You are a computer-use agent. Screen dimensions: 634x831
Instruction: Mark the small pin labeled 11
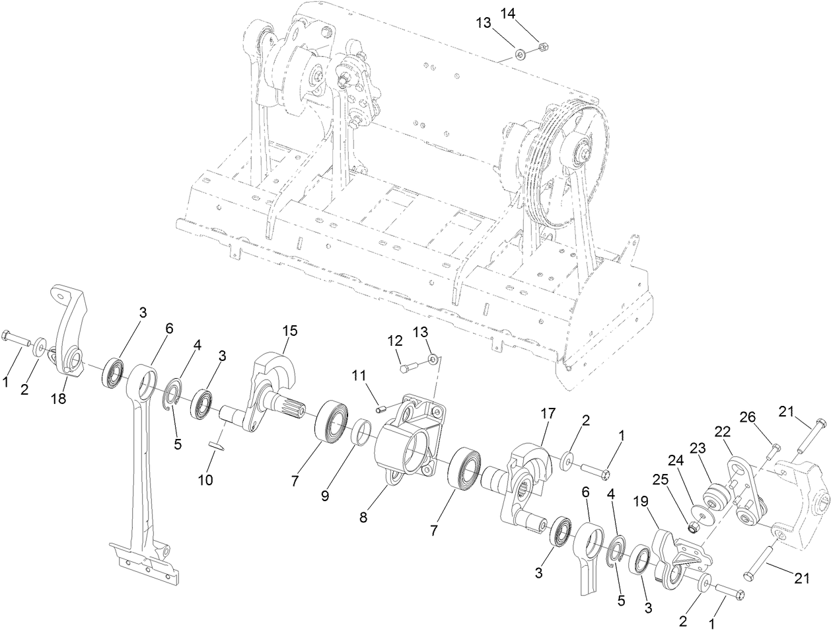380,409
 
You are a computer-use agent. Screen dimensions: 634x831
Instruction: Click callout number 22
723,431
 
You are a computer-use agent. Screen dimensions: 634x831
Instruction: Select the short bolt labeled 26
774,454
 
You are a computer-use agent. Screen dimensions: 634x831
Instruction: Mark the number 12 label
394,340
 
